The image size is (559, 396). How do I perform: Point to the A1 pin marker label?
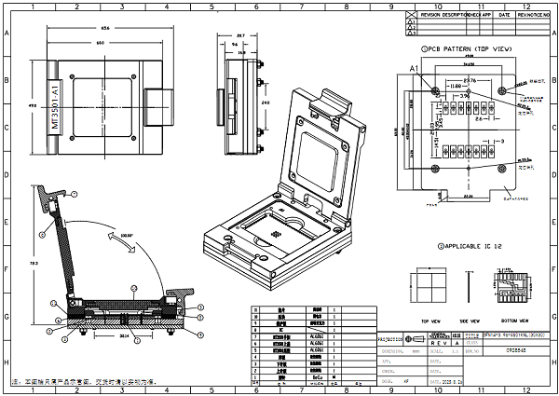coord(414,69)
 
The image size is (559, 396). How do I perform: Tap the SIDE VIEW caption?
coord(467,318)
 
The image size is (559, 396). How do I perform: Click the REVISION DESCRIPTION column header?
coord(443,16)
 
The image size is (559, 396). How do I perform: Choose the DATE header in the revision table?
coord(503,16)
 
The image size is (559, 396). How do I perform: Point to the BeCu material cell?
coord(316,375)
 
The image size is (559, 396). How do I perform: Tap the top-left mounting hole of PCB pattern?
coord(435,89)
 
